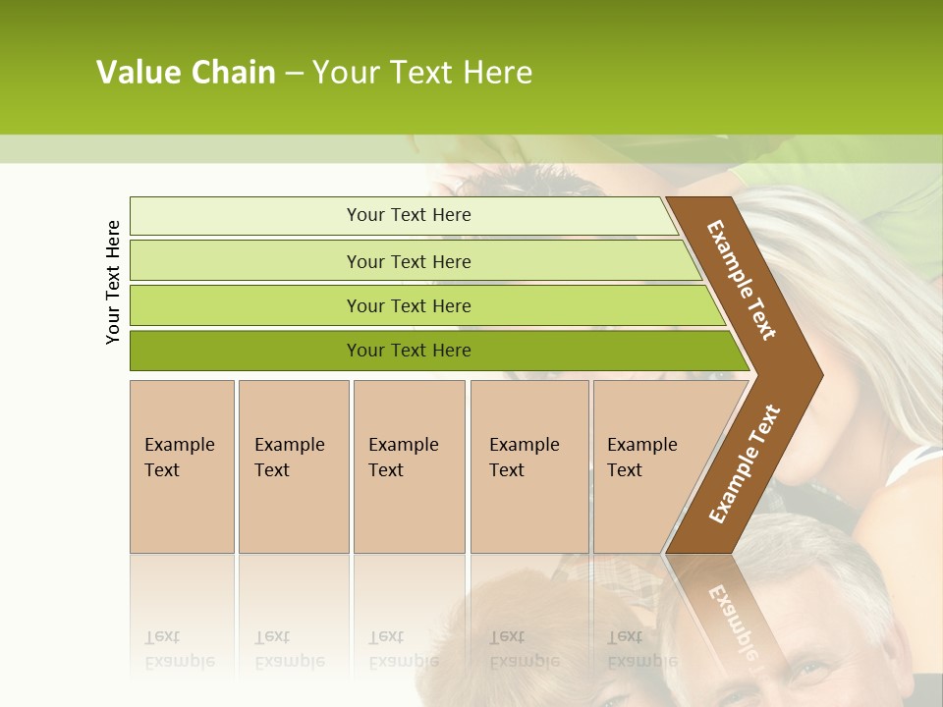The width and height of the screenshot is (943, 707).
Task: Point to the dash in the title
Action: coord(294,74)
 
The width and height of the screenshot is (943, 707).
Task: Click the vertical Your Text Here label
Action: coord(113,282)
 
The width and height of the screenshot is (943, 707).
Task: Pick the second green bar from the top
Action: coord(409,261)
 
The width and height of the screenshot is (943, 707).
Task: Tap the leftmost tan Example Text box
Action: coord(182,465)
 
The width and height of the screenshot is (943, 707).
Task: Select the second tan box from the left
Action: coord(293,465)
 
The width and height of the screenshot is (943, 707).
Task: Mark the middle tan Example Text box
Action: coord(409,465)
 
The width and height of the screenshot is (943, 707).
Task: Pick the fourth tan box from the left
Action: coord(528,465)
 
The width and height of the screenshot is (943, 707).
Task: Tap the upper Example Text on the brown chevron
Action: coord(742,281)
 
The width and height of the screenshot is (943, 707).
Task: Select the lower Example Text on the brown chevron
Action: coord(745,464)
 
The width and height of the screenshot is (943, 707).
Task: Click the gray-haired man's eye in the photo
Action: coord(811,672)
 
